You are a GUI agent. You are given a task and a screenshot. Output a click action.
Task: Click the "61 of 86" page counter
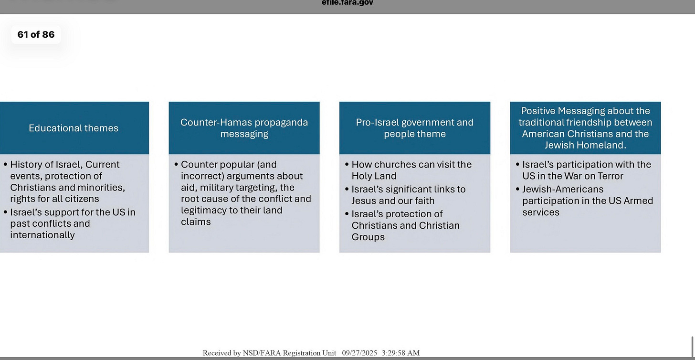tap(36, 34)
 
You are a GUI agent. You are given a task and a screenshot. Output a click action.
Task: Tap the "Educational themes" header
tap(74, 128)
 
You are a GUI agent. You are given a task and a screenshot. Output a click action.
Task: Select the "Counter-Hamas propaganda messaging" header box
tap(244, 128)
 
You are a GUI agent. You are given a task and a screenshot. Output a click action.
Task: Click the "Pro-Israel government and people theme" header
tap(414, 128)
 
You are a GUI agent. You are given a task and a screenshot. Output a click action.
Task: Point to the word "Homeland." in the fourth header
tap(602, 145)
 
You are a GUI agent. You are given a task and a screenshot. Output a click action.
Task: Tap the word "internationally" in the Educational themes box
tap(42, 235)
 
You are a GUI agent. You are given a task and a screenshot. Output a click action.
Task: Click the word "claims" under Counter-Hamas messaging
tap(196, 222)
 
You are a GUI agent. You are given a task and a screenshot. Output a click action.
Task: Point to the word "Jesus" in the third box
tap(364, 201)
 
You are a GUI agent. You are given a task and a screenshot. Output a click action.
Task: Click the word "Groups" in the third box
tap(368, 237)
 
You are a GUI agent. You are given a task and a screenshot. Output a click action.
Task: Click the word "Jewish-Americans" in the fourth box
tap(563, 190)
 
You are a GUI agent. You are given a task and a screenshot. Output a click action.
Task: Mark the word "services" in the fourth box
tap(541, 212)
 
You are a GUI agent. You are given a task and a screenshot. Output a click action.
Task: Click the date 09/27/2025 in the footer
tap(359, 353)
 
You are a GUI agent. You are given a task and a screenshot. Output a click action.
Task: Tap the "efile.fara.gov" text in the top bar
tap(347, 3)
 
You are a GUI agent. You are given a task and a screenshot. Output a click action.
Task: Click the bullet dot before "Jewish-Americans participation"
tap(518, 190)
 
